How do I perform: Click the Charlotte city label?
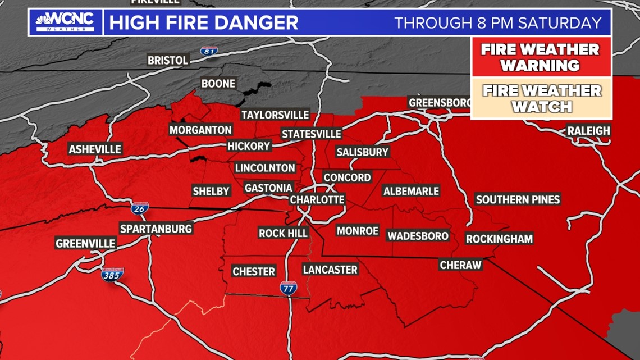point(317,200)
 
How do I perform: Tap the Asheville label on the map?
point(95,149)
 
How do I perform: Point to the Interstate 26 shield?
point(140,209)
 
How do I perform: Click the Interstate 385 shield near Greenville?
point(112,275)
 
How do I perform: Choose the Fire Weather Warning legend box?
point(540,57)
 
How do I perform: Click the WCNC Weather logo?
point(65,22)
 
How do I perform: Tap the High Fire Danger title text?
point(203,23)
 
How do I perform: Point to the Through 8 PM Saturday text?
point(498,23)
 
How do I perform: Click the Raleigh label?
point(588,131)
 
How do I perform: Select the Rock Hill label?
point(283,233)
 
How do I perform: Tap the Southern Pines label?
point(518,199)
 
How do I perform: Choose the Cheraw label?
point(460,265)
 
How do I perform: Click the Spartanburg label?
point(156,229)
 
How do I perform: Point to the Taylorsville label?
point(275,115)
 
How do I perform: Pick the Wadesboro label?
point(418,236)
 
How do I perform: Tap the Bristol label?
point(167,60)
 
